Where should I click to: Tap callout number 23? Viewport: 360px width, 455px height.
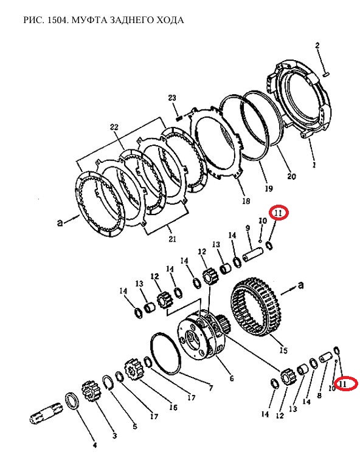[172, 98]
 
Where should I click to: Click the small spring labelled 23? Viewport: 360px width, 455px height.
[179, 118]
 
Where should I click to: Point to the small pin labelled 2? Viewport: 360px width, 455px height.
[325, 75]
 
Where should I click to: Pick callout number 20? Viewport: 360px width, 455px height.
[291, 176]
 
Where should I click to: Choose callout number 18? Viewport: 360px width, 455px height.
[246, 200]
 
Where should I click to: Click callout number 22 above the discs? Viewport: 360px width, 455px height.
[114, 127]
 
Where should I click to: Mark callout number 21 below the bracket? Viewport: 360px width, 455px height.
[172, 239]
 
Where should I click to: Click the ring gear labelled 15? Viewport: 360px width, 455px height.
[256, 309]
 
